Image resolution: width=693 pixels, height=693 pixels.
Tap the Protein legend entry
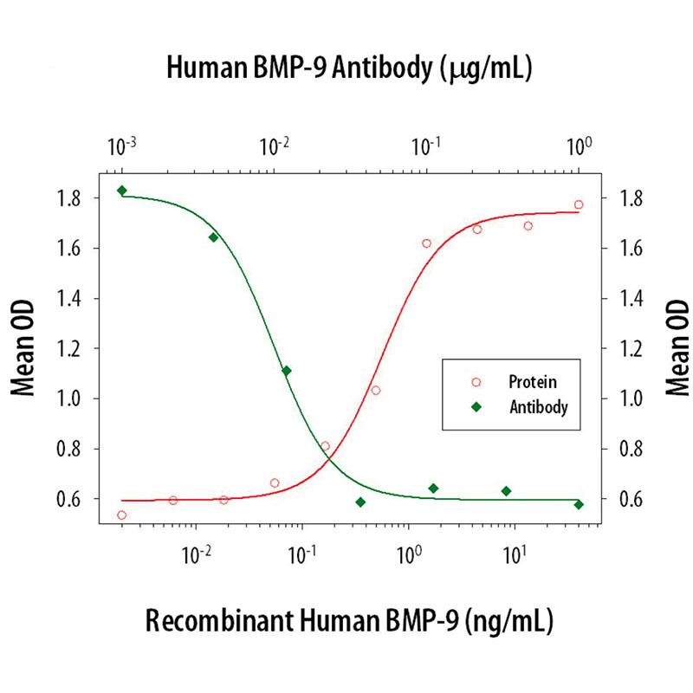[x=532, y=381]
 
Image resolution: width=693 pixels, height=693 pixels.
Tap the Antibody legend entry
[x=538, y=405]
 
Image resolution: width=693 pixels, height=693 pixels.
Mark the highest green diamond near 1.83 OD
[x=122, y=191]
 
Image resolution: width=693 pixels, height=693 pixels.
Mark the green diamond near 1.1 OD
[x=287, y=371]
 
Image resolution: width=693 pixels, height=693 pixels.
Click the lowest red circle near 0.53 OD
[x=122, y=515]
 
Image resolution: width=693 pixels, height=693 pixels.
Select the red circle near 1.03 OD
[x=376, y=391]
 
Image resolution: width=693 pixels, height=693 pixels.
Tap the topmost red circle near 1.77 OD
[x=579, y=205]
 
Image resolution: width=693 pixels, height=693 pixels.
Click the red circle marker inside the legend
[x=475, y=381]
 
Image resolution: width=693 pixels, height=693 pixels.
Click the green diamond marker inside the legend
[x=475, y=405]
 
